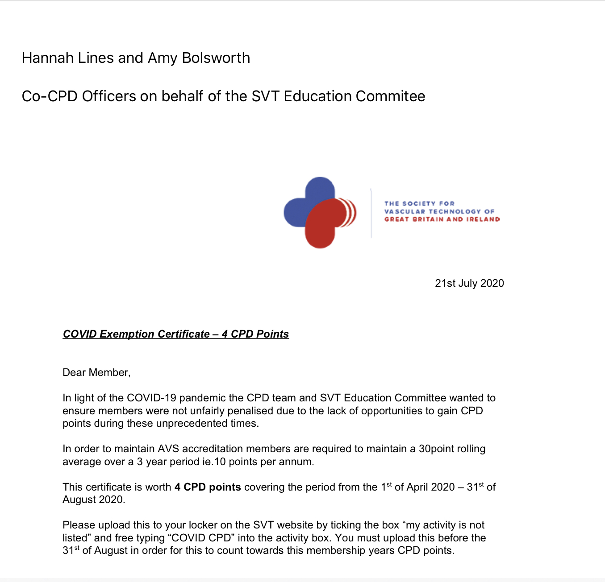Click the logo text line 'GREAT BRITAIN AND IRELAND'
coord(442,219)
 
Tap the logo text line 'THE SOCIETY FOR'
coord(419,203)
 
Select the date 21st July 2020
coord(469,283)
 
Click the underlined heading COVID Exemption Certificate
coord(136,334)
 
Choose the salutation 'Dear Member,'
coord(96,372)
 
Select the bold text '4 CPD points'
coord(208,487)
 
